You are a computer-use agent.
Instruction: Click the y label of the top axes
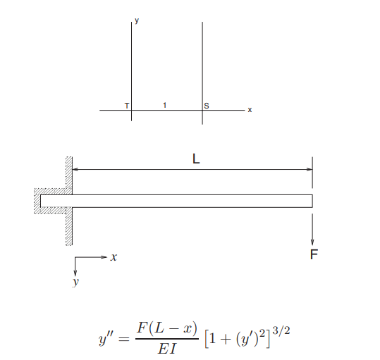[x=137, y=21]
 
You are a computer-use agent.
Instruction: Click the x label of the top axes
[x=250, y=110]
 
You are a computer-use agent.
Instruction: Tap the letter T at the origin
[x=127, y=106]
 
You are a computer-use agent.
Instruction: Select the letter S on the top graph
[x=207, y=106]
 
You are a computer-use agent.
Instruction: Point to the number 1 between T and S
[x=165, y=105]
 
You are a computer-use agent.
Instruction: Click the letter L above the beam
[x=196, y=159]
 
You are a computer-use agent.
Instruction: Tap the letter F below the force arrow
[x=314, y=254]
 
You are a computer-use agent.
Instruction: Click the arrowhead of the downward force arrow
[x=312, y=242]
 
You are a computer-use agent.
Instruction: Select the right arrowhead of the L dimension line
[x=309, y=169]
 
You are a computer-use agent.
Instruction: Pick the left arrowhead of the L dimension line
[x=75, y=169]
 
